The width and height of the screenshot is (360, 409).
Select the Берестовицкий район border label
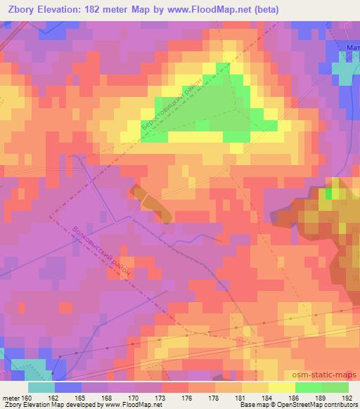172,105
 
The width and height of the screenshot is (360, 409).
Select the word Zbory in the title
19,10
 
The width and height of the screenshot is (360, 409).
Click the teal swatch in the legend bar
41,387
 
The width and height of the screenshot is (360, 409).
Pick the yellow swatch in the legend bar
282,387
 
